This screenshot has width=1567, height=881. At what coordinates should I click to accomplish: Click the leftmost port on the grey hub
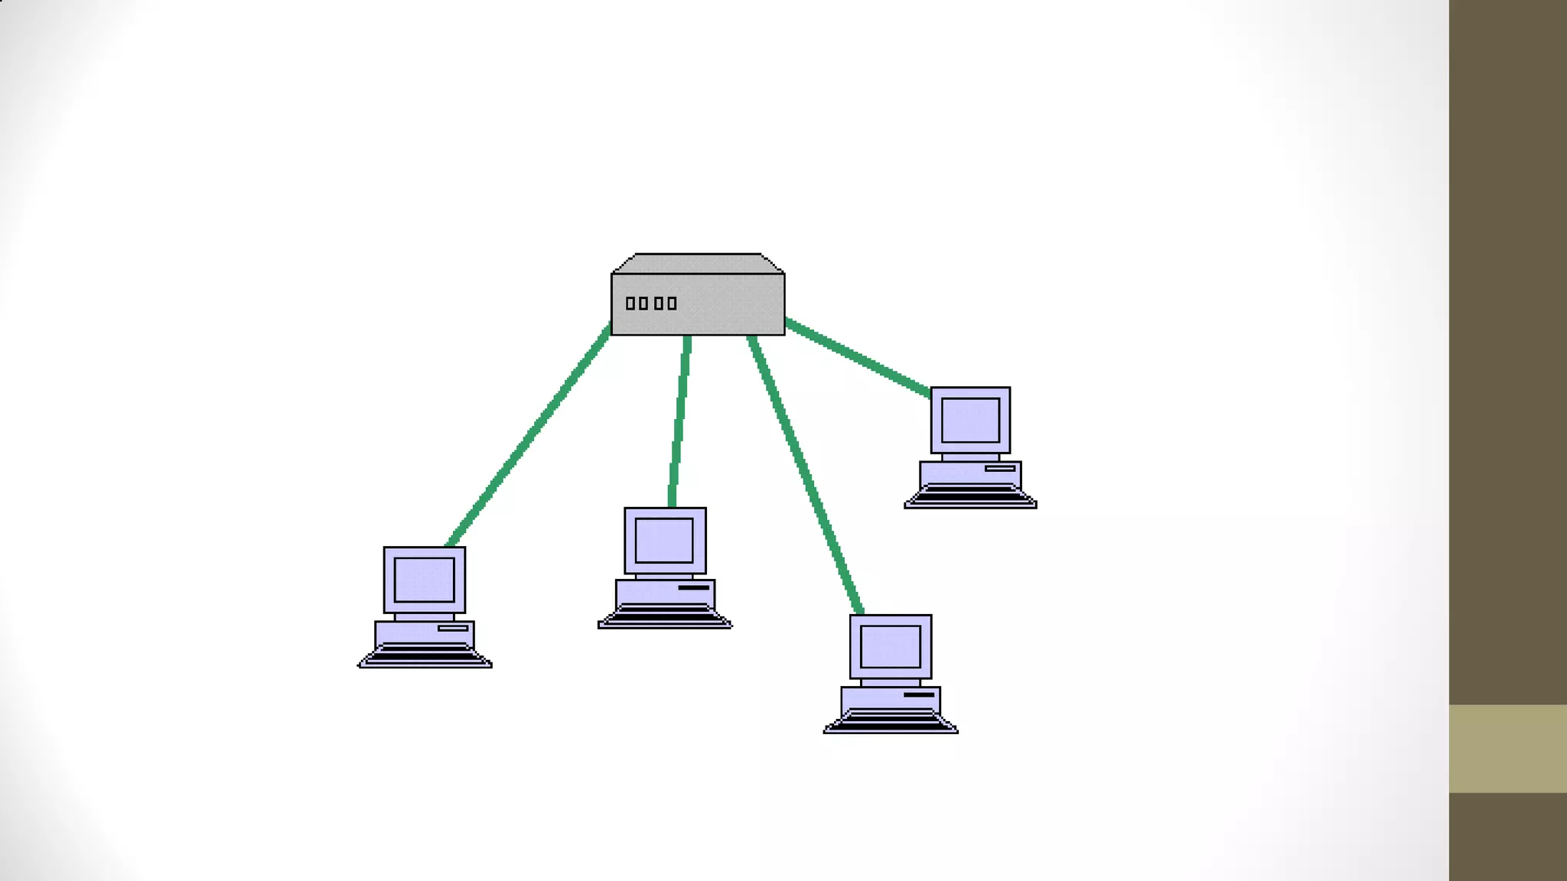(630, 304)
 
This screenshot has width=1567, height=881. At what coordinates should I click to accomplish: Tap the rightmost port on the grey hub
(672, 304)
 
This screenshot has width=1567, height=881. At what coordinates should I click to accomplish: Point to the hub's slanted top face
(698, 264)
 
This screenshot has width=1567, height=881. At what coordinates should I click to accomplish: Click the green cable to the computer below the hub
(679, 421)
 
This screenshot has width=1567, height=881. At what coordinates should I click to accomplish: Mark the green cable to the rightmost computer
(857, 358)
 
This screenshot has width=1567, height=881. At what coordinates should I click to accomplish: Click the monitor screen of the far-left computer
(424, 580)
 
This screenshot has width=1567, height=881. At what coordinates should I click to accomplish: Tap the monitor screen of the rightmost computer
(970, 420)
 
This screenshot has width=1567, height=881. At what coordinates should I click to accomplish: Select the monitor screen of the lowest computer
(890, 647)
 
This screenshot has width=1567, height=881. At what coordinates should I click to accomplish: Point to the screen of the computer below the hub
(664, 540)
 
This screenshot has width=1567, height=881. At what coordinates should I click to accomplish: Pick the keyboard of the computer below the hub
(664, 616)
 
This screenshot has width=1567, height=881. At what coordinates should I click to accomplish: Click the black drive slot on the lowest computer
(919, 695)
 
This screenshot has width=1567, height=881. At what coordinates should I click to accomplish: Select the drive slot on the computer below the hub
(693, 588)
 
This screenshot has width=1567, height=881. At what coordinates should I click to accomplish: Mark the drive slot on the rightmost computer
(1000, 468)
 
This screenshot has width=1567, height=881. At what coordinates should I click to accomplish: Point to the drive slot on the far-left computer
(453, 629)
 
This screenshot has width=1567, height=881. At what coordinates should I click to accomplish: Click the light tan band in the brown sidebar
(1507, 748)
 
